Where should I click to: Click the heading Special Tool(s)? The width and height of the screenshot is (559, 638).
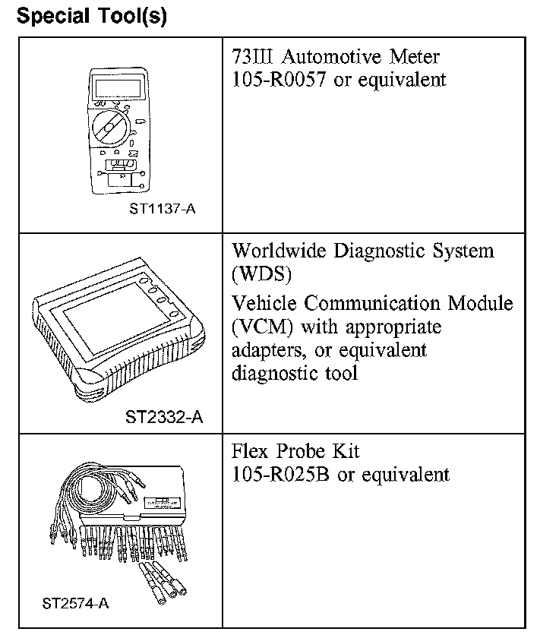click(x=91, y=16)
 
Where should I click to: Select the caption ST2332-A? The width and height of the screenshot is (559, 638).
click(x=164, y=416)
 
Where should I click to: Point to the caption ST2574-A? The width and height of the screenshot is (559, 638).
click(x=76, y=604)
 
